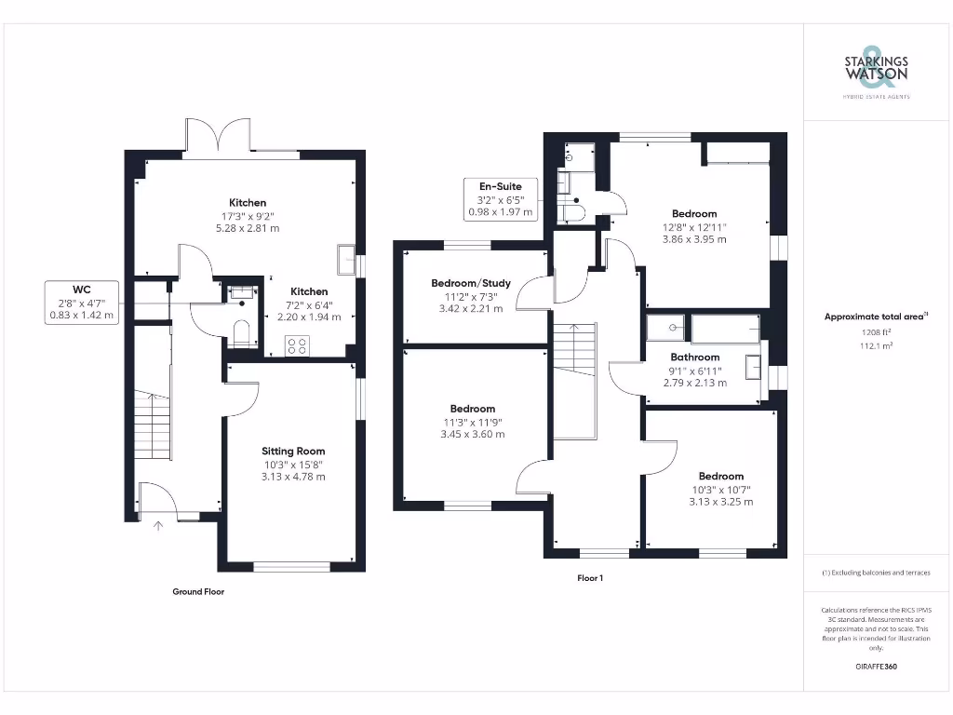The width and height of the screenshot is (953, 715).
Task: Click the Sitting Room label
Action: tap(292, 452)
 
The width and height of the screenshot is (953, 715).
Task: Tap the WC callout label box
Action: tap(82, 302)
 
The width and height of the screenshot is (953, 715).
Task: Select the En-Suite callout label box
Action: tap(500, 198)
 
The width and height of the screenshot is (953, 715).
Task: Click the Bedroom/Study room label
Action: tap(470, 283)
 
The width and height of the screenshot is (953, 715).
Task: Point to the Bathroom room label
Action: tap(695, 357)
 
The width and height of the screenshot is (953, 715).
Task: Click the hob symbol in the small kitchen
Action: tap(297, 346)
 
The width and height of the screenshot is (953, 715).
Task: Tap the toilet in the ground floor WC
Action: tap(241, 333)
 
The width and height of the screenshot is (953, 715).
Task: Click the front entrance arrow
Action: tap(157, 526)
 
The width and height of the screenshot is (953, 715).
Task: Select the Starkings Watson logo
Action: tap(876, 71)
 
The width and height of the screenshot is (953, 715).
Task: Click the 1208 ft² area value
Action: tap(876, 331)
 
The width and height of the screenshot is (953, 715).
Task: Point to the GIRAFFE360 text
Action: tap(876, 667)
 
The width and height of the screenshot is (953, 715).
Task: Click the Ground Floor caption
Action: tap(198, 592)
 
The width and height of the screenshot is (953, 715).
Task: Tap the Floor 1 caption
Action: tap(590, 578)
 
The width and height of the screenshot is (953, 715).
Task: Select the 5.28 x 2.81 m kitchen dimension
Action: tap(248, 228)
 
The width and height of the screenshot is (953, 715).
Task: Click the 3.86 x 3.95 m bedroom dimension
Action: tap(693, 239)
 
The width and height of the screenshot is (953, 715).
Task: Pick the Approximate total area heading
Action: tap(876, 317)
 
